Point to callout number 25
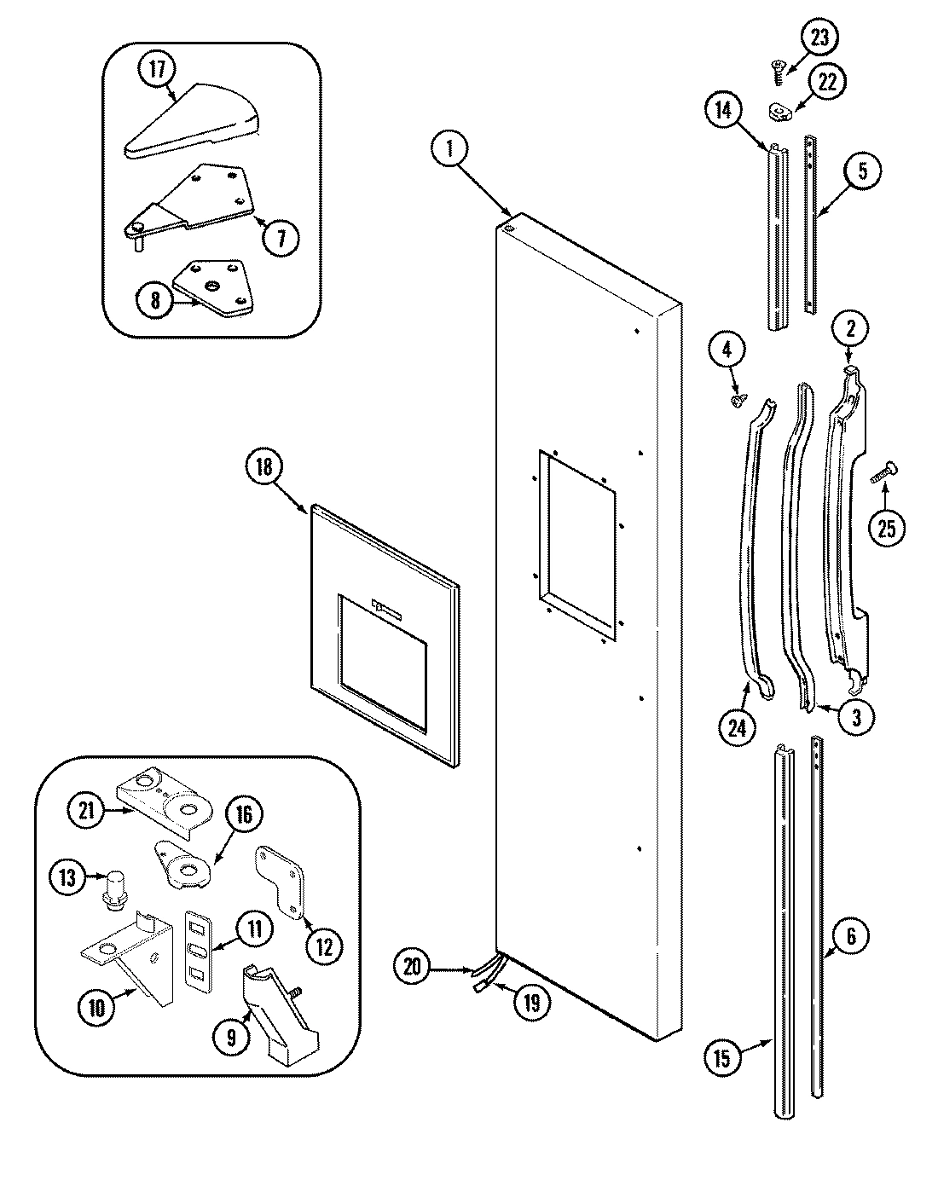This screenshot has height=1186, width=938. tap(886, 528)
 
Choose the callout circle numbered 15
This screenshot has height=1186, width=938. tap(721, 1059)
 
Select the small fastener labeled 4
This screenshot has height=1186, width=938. tap(739, 398)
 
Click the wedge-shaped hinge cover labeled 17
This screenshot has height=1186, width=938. tap(192, 121)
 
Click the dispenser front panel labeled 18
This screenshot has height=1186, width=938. tap(380, 633)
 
